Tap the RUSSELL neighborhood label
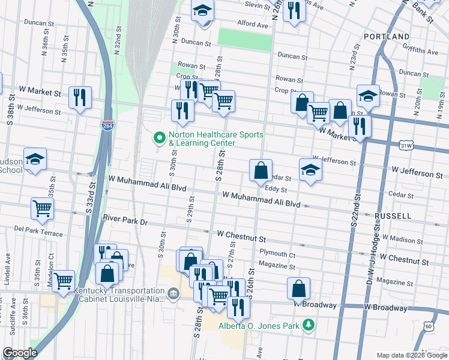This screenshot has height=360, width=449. coord(392,215)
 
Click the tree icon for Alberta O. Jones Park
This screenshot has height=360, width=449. coord(309,325)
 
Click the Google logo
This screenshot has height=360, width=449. coord(20,353)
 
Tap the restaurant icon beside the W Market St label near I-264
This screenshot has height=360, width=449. coord(79,97)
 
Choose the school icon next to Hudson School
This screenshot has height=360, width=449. coord(35,160)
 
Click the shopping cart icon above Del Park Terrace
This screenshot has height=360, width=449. coord(42,209)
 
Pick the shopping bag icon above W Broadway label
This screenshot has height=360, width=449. coord(298,289)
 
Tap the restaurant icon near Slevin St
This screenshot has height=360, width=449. coord(294,10)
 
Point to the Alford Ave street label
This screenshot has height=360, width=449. coord(252,25)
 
